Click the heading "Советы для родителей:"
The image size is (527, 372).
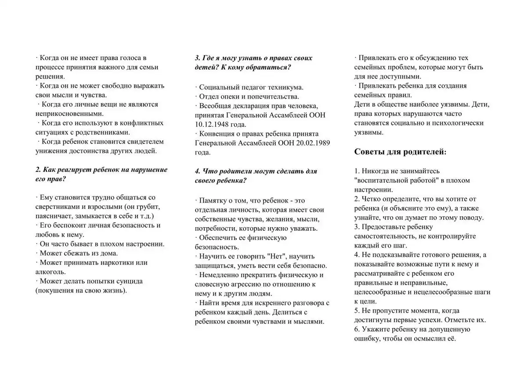(400, 152)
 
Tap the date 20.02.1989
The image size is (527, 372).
(314, 143)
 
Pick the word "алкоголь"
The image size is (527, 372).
(50, 272)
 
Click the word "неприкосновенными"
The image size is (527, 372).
(65, 114)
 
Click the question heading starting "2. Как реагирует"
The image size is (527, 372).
(101, 174)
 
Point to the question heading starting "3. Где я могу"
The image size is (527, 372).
(253, 62)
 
